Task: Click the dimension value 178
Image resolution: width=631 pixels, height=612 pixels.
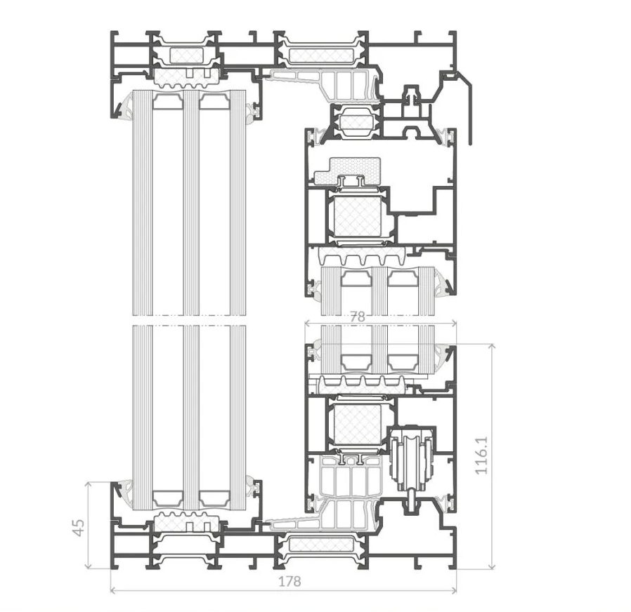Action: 290,581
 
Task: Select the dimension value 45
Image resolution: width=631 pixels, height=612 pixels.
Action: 79,527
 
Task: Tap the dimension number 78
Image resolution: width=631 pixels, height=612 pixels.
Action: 358,317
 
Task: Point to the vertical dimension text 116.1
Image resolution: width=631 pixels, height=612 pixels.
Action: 481,455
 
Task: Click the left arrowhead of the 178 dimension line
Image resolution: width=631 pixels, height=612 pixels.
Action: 112,590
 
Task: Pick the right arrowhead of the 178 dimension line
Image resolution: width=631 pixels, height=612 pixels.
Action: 454,590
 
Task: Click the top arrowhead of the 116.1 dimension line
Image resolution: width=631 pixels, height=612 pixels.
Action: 491,347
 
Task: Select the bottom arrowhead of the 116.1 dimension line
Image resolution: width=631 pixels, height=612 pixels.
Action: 491,566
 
